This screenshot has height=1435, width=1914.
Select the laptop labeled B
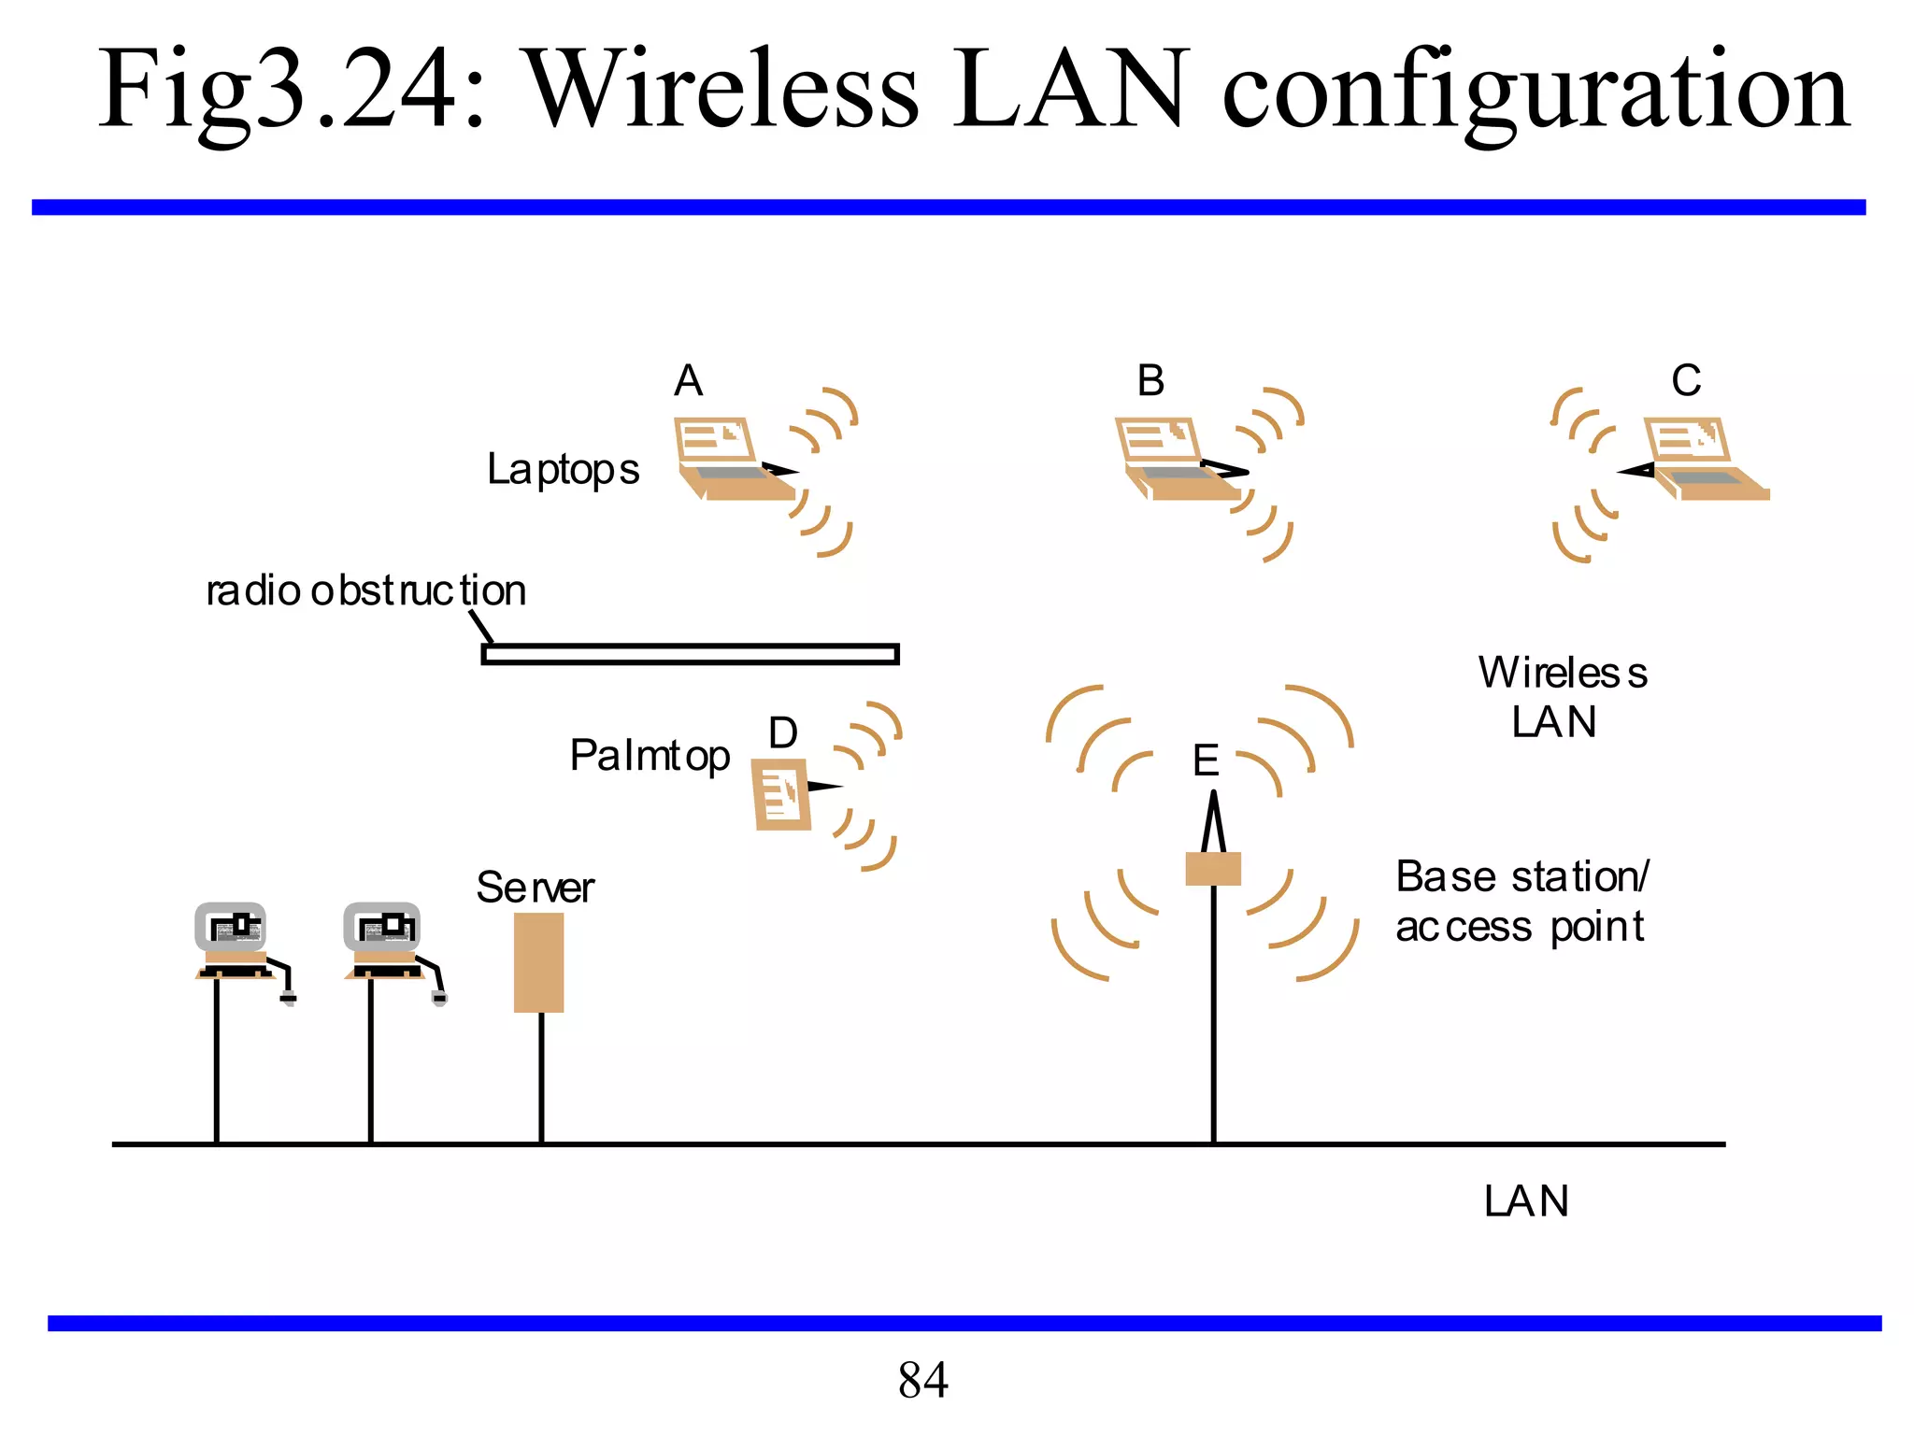1176,459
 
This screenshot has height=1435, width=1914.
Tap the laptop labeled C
1704,459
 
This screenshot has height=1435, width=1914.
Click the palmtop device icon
781,794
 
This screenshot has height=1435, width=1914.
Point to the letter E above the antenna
1206,760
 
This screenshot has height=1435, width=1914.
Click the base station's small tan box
1213,869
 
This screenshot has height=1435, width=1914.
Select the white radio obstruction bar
690,654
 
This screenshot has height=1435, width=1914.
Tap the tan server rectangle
538,962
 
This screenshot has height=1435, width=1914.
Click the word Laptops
563,469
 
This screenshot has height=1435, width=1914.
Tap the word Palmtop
650,756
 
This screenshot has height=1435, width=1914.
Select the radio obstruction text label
365,590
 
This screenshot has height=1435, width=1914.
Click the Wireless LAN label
1561,697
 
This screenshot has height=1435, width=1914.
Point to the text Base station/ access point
1521,902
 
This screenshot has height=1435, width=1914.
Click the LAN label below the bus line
1526,1201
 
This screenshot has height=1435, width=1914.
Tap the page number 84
922,1380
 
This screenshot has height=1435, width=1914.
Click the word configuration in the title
1535,91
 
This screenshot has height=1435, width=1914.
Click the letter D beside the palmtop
783,733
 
